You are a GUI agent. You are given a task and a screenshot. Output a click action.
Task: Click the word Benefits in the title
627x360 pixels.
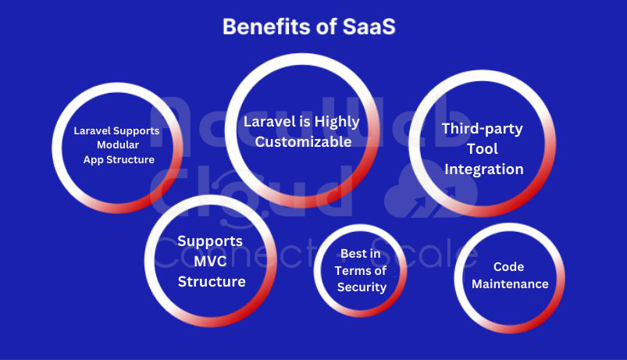(267, 27)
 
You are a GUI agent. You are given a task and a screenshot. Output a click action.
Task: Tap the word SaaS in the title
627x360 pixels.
(369, 27)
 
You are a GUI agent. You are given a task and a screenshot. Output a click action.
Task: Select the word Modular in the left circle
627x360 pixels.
(118, 144)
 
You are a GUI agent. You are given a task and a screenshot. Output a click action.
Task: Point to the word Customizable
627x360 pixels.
(304, 141)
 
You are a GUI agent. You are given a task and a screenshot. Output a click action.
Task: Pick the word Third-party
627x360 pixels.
(483, 129)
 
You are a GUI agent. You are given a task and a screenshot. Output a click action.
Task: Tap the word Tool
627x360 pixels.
(483, 149)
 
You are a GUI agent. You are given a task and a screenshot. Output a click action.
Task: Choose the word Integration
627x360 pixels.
(484, 169)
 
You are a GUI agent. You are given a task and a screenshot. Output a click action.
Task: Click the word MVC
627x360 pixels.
(210, 261)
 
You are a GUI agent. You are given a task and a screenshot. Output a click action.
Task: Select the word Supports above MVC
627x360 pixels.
(210, 241)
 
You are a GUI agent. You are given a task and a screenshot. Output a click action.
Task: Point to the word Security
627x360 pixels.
(362, 287)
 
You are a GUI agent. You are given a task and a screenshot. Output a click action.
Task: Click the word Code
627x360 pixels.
(508, 267)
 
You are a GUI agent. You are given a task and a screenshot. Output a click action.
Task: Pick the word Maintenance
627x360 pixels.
(510, 284)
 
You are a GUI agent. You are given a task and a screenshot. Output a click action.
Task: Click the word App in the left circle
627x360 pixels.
(93, 160)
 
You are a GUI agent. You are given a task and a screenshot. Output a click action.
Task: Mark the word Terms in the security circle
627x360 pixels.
(352, 271)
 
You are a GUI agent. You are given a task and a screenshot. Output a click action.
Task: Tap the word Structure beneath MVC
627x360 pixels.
(212, 282)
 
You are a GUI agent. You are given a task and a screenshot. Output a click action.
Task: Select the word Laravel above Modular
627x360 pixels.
(92, 130)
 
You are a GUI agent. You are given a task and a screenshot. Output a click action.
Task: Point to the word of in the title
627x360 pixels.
(326, 27)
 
